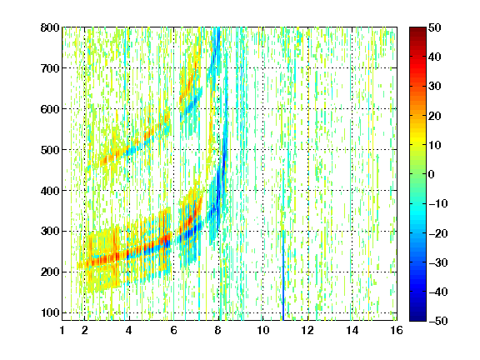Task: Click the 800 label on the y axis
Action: tap(50, 27)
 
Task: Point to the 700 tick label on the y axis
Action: tap(50, 68)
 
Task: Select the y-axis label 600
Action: tap(50, 109)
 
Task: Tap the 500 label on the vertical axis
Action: tap(50, 150)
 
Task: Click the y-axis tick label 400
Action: tap(50, 191)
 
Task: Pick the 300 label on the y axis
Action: tap(50, 231)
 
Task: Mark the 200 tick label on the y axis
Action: tap(50, 272)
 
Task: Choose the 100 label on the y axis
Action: tap(50, 312)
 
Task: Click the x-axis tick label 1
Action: tap(62, 330)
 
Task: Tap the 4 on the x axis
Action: tap(129, 330)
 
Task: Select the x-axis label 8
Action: tap(218, 330)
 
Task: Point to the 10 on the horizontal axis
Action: tap(263, 330)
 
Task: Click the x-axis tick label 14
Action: tap(352, 330)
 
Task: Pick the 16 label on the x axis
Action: tap(397, 330)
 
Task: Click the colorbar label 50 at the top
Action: tap(434, 27)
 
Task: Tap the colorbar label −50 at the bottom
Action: tap(438, 321)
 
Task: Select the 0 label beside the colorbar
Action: tap(432, 174)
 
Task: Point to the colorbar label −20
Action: tap(438, 233)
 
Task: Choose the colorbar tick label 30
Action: tap(434, 87)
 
